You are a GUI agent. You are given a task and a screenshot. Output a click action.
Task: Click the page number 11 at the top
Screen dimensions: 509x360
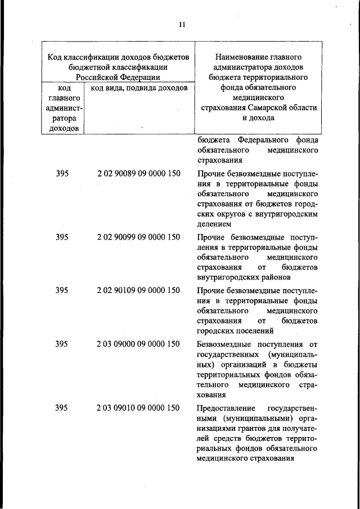point(181,25)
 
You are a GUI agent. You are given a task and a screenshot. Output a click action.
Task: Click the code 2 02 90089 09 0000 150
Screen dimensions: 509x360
point(138,174)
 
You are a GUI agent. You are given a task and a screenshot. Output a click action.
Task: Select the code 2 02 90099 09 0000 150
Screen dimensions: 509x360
point(138,237)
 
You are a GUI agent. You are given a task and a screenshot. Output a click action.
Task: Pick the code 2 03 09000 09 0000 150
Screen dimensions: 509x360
point(138,344)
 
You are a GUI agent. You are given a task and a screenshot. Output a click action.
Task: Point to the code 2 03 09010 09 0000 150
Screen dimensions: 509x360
point(138,408)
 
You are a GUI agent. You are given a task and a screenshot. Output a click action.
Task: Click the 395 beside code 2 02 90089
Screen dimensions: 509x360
point(62,174)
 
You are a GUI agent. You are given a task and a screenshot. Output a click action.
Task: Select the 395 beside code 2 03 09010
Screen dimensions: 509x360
point(62,408)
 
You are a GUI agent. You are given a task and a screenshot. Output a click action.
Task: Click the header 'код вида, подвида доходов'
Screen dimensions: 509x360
point(135,88)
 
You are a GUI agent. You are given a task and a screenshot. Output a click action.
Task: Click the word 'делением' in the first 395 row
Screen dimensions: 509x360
point(214,224)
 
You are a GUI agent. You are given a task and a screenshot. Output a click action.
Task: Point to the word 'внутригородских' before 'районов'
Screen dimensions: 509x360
point(228,277)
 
